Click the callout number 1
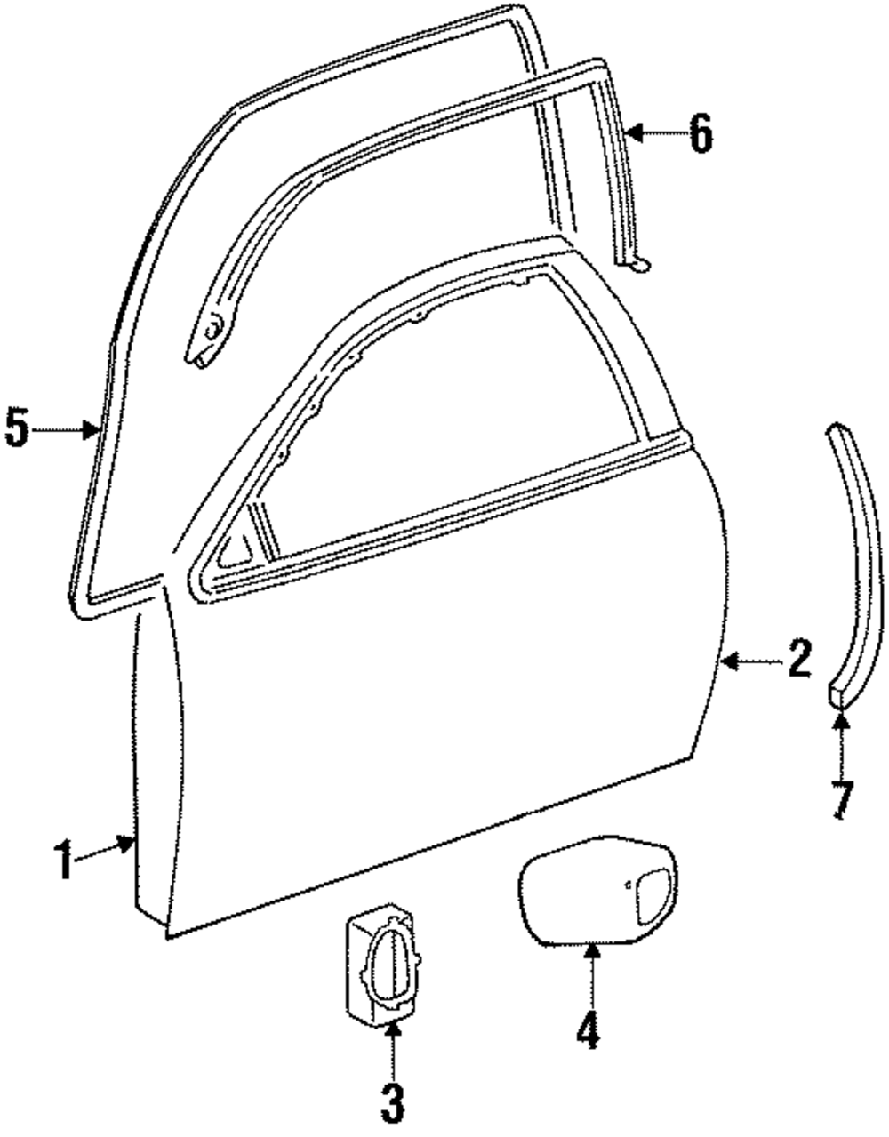63,861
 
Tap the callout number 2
797,660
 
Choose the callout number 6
701,135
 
